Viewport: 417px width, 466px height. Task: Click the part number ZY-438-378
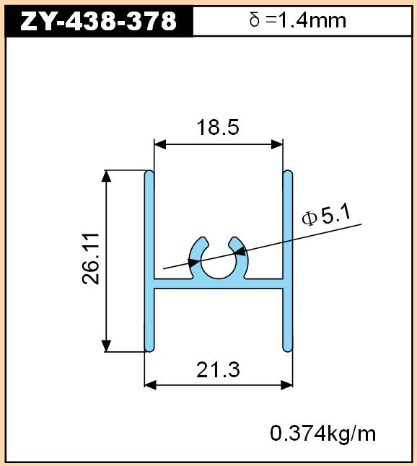coord(98,21)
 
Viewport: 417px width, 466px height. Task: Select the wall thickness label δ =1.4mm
coord(298,20)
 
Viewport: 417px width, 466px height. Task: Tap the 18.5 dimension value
coord(218,127)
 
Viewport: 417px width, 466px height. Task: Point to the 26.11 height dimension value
coord(90,259)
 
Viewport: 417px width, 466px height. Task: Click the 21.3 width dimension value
coord(218,370)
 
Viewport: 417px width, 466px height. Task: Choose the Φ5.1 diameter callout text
coord(326,216)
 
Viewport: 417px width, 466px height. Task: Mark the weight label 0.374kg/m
coord(323,434)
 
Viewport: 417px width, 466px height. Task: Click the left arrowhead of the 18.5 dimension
coord(160,145)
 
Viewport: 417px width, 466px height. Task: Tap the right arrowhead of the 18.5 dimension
coord(277,145)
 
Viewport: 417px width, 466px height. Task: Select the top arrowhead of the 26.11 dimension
coord(106,176)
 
